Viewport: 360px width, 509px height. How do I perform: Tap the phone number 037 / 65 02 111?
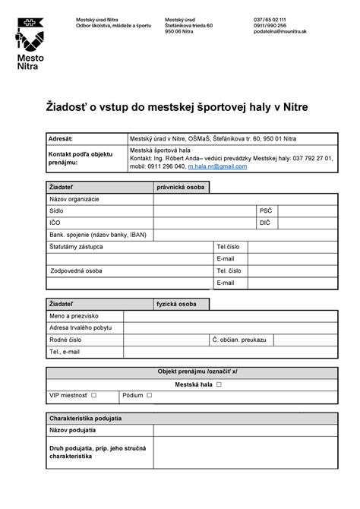pos(270,19)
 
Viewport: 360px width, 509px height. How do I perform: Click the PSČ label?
pos(265,211)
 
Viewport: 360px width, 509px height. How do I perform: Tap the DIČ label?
pos(265,223)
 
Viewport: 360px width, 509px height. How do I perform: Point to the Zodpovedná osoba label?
pos(77,270)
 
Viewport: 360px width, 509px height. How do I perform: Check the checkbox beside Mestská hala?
pos(219,384)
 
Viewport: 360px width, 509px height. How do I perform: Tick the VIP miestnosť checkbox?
pos(94,395)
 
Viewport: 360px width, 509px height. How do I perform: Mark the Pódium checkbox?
pos(150,395)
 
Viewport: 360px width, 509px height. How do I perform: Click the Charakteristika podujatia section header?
pos(90,419)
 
